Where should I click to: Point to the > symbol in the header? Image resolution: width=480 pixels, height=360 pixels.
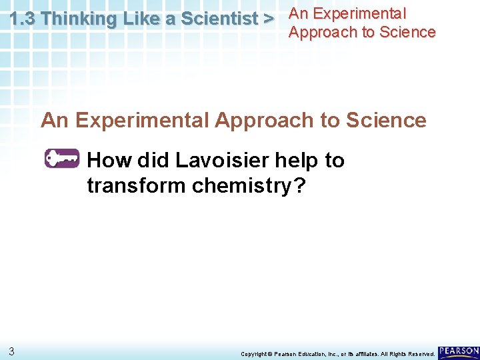[269, 19]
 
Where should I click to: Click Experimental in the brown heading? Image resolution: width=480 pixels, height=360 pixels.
[143, 120]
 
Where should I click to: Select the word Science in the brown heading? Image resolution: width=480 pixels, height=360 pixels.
[386, 120]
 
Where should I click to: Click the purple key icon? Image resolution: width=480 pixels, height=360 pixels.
[61, 159]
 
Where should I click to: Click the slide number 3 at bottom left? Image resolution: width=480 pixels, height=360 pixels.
[12, 351]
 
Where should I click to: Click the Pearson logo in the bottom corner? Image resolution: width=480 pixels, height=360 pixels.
[459, 351]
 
